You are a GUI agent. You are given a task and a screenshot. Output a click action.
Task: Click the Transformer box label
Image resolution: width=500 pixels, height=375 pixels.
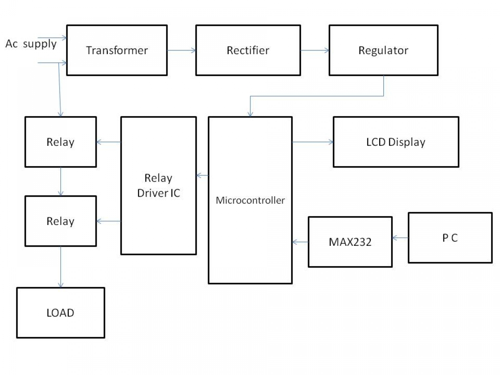click(117, 50)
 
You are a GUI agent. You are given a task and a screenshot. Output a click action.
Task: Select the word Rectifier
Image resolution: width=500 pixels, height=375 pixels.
click(248, 50)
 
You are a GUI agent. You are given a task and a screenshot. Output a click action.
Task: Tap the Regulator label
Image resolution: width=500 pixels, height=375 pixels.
click(383, 51)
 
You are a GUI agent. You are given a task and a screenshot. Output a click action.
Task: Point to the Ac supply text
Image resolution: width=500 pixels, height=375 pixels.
click(31, 44)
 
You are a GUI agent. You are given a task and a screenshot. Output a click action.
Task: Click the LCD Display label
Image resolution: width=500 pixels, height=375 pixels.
click(396, 142)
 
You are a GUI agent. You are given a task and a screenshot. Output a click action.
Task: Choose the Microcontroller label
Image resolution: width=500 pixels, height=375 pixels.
click(250, 200)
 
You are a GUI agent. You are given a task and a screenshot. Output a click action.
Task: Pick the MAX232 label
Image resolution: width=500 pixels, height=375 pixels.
click(350, 242)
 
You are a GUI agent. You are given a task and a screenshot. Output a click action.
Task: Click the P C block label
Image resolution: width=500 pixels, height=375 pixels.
click(450, 238)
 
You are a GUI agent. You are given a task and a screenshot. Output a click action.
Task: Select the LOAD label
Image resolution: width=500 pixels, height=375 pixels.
click(60, 313)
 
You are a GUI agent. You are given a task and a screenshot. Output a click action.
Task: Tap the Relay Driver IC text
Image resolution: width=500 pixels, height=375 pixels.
click(159, 185)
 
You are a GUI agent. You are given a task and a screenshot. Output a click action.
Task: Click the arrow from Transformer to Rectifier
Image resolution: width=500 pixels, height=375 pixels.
click(182, 50)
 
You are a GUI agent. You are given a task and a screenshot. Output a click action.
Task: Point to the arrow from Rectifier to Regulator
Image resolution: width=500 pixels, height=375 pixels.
click(315, 50)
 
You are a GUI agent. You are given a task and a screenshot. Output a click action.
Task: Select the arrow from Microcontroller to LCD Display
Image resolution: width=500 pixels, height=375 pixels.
click(313, 142)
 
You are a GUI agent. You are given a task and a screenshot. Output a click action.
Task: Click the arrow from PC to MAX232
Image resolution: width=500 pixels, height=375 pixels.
click(400, 238)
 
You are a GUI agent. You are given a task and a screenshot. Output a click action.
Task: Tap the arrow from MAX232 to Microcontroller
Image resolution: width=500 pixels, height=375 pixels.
click(300, 242)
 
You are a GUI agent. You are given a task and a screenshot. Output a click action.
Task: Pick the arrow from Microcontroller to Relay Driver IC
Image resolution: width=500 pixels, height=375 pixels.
click(202, 175)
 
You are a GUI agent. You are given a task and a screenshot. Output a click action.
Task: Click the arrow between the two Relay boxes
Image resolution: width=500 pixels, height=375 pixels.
click(60, 182)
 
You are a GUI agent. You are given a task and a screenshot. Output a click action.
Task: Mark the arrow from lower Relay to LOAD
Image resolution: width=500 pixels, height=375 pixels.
click(60, 267)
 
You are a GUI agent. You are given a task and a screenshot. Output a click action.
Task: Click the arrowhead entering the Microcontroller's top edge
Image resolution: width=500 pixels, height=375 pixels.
click(250, 114)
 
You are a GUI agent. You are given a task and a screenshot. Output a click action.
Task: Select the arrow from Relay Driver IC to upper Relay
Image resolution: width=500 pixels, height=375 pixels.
click(108, 142)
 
